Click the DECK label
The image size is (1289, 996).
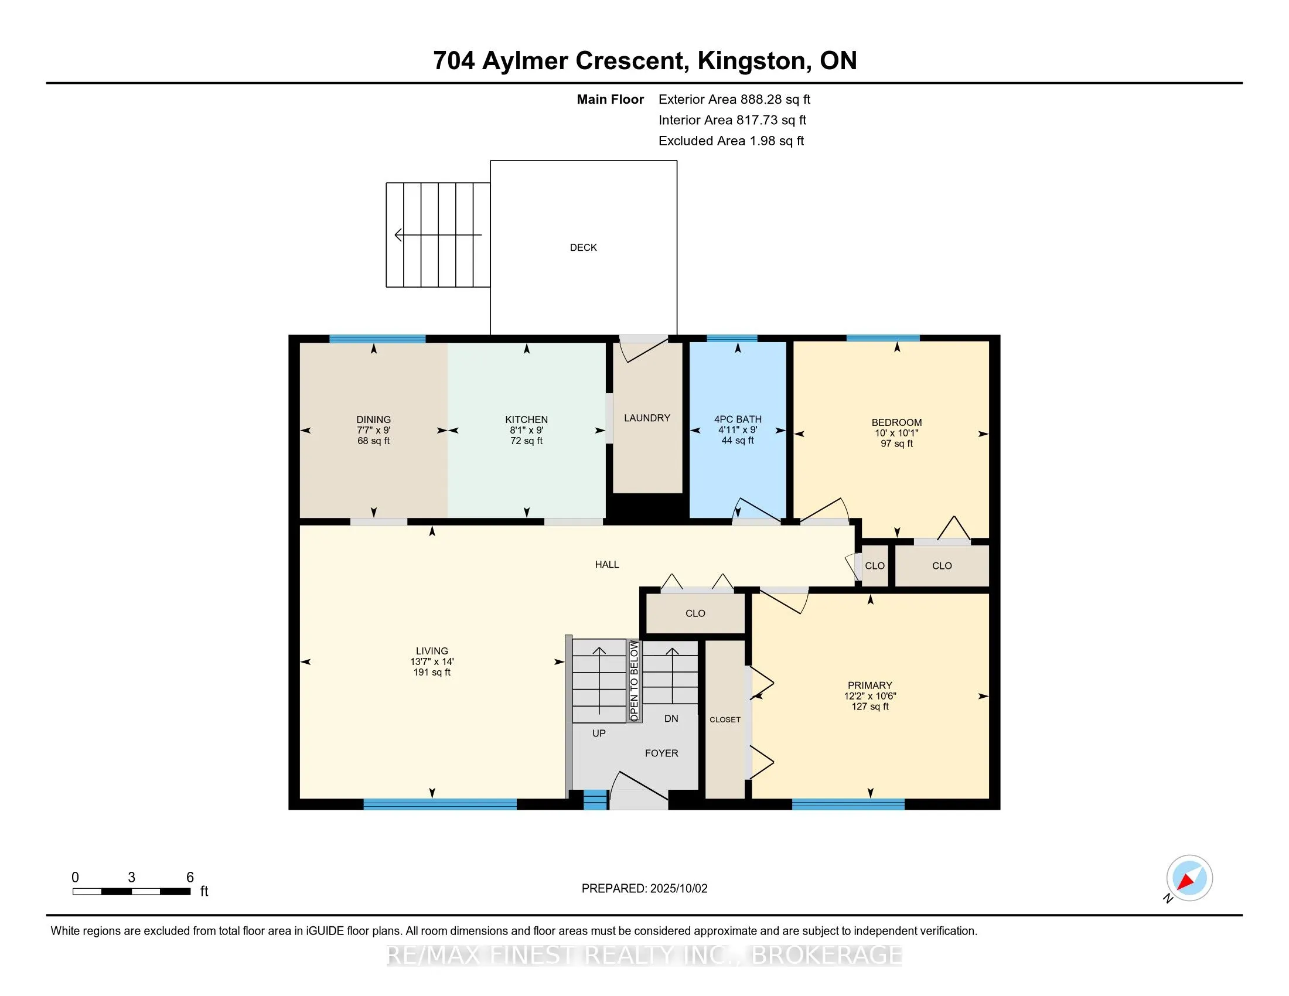point(583,248)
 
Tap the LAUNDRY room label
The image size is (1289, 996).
point(647,418)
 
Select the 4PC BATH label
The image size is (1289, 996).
point(738,419)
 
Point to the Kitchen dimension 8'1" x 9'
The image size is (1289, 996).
point(527,430)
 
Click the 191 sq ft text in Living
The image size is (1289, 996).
point(432,672)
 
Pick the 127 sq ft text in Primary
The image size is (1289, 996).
point(870,707)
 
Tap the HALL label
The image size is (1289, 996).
point(607,565)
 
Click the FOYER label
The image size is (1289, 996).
point(661,753)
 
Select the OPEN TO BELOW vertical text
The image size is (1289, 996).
point(634,681)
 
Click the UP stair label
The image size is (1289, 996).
point(599,734)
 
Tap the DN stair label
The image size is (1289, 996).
point(671,719)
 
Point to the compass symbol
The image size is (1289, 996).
point(1189,879)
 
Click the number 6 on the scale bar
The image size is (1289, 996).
point(190,878)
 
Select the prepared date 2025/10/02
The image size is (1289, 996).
point(678,889)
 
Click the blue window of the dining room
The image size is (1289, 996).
point(377,339)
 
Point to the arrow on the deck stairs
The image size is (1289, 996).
point(438,235)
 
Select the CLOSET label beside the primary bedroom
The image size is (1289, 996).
point(725,720)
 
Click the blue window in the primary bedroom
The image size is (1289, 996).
point(848,804)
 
